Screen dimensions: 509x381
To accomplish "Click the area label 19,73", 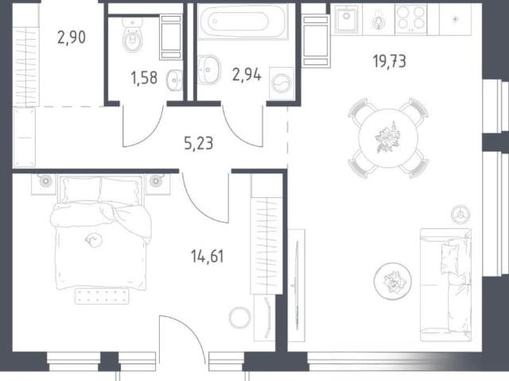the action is (x=390, y=61).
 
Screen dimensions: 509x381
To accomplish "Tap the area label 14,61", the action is (x=208, y=256).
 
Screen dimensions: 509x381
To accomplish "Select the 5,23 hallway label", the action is (x=198, y=143).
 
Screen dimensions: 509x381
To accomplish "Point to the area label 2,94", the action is (x=247, y=75).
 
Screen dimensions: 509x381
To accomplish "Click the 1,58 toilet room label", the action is (x=144, y=78).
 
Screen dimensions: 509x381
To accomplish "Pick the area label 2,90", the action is (x=72, y=37).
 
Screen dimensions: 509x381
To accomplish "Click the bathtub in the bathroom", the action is (x=243, y=21).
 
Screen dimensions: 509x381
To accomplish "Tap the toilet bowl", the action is (x=133, y=36).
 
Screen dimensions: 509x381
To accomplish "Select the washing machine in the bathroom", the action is (x=282, y=84).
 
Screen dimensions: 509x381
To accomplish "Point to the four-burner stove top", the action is (x=411, y=18).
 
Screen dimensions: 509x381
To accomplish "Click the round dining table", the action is (x=388, y=138).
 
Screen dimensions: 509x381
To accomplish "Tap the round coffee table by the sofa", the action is (x=392, y=281).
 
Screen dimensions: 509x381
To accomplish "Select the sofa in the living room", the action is (x=445, y=285).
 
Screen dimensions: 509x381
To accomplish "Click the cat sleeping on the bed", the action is (x=94, y=240).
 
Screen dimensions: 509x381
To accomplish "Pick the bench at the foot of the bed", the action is (x=102, y=296).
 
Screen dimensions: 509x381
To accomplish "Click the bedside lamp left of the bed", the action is (x=45, y=181).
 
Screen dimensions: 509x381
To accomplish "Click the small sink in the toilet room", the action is (x=175, y=80).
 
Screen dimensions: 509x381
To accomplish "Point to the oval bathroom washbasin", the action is (x=208, y=69).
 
